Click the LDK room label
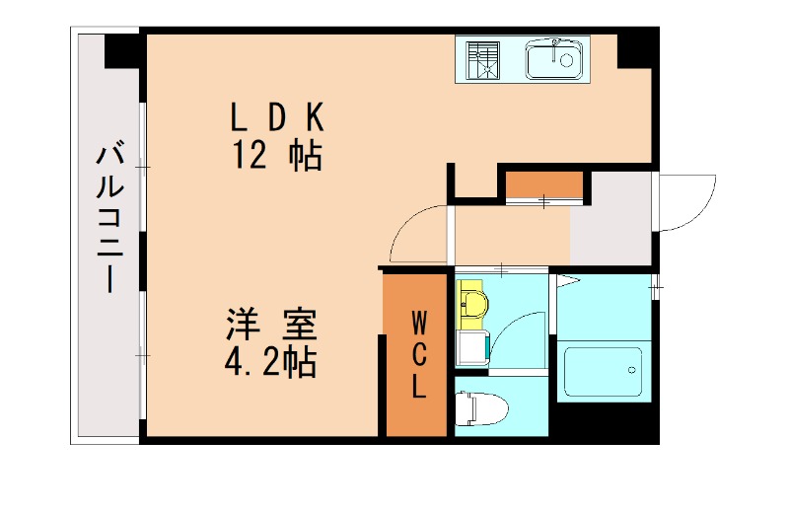click(277, 117)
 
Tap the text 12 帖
click(277, 155)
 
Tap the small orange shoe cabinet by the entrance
click(543, 186)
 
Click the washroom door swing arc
click(518, 335)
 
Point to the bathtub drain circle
click(630, 372)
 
